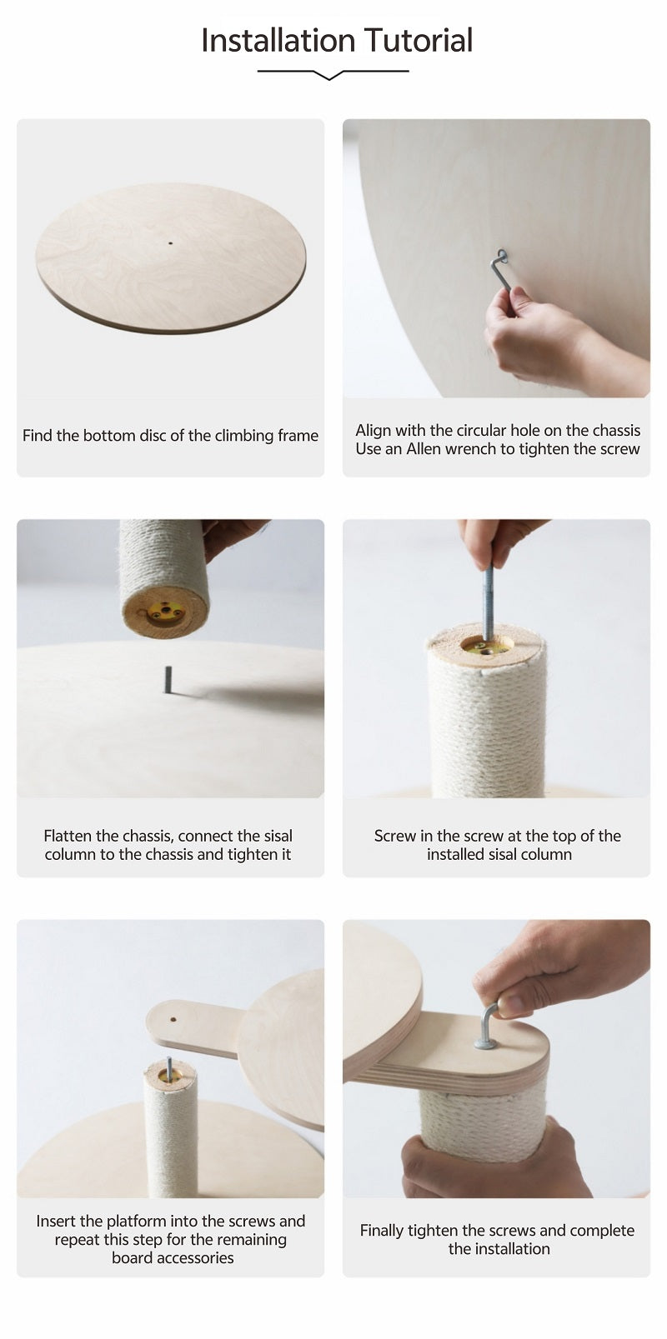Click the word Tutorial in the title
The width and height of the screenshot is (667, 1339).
419,40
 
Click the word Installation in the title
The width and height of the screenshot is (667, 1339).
279,40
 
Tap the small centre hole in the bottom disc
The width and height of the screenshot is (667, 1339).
170,243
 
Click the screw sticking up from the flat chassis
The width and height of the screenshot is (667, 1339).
168,680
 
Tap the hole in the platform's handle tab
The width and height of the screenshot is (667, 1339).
173,1019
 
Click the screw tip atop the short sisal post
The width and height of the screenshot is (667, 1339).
169,1067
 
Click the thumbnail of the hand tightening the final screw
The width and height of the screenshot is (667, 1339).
497,1059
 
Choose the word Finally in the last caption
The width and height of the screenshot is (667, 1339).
382,1230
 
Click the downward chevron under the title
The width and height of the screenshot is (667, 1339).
328,75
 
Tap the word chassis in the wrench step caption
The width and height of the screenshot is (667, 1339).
616,430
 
